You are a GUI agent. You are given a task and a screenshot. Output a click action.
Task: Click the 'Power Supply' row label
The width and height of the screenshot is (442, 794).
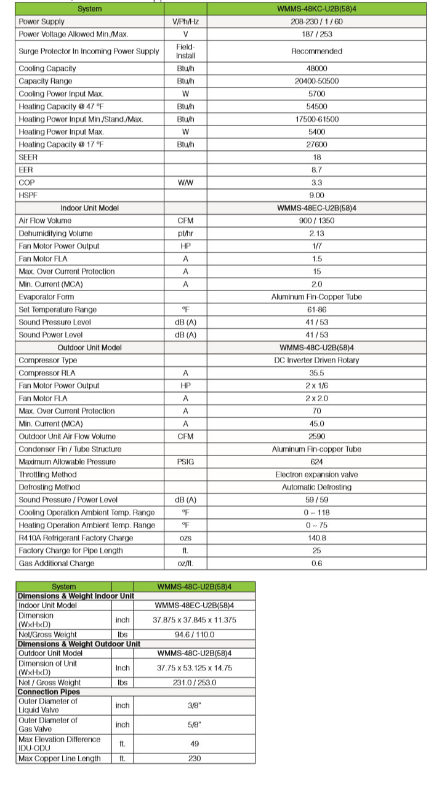[41, 22]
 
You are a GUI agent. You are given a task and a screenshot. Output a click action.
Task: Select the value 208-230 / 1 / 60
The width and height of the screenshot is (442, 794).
[316, 22]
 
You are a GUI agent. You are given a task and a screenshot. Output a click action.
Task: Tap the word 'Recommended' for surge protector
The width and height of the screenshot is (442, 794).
[316, 51]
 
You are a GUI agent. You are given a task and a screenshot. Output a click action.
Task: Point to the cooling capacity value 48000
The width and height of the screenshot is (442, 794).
[316, 68]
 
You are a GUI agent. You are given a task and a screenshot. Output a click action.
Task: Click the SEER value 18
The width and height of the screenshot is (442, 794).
[316, 158]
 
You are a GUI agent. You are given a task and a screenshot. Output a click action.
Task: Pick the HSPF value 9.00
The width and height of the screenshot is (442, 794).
[316, 195]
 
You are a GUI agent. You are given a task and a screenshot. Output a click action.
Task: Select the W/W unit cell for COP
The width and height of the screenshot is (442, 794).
[185, 183]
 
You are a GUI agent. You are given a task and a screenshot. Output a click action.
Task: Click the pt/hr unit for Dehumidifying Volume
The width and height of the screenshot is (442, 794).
[185, 233]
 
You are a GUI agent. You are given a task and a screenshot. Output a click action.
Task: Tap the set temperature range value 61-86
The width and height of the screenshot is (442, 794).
[316, 310]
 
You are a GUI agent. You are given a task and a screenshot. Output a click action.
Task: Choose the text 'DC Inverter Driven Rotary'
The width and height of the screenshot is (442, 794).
[316, 360]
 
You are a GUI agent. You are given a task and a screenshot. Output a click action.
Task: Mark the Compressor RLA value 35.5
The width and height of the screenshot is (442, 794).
[316, 373]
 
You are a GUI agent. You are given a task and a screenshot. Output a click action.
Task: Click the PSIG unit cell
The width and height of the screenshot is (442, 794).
[185, 462]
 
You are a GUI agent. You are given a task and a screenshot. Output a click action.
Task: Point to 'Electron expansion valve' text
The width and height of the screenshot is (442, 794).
[316, 475]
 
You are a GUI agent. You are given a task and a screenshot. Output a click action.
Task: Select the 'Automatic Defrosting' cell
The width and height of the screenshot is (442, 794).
[316, 487]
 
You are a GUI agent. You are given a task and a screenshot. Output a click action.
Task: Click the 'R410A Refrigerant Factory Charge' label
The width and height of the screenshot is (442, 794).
[76, 538]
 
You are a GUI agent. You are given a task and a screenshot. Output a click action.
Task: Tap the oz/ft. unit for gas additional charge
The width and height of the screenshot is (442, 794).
[185, 563]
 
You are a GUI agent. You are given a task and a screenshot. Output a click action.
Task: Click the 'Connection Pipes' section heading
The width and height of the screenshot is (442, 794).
[49, 692]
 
